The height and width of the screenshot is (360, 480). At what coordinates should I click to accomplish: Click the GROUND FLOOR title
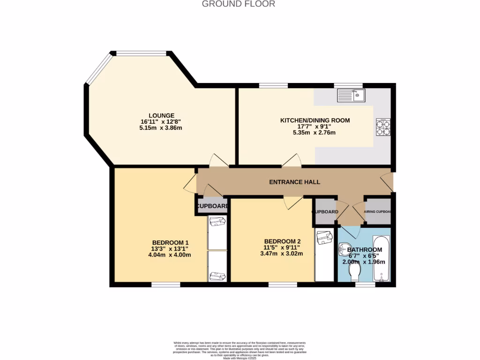click(238, 4)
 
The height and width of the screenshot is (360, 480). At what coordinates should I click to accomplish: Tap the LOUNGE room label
click(161, 115)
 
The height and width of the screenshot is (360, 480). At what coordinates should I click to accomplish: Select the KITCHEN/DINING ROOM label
click(315, 120)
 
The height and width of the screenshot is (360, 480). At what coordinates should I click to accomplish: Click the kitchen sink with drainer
click(350, 96)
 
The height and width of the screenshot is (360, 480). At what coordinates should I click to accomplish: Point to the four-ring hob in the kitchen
click(382, 127)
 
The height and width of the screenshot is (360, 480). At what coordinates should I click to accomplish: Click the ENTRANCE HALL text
click(294, 182)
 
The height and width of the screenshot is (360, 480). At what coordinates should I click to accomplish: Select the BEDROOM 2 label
click(282, 241)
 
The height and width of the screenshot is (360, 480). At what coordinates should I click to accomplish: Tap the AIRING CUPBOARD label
click(378, 212)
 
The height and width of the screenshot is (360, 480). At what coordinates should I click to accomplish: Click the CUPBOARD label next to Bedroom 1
click(212, 206)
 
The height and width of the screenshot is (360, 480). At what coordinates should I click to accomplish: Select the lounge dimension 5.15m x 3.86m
click(161, 128)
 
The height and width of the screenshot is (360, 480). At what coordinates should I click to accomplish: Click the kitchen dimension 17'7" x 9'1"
click(315, 127)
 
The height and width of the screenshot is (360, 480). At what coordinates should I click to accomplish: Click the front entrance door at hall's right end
click(387, 182)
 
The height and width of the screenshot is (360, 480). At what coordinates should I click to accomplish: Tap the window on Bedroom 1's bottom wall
click(165, 285)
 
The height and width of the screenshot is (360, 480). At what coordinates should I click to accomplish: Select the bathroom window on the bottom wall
click(365, 285)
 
